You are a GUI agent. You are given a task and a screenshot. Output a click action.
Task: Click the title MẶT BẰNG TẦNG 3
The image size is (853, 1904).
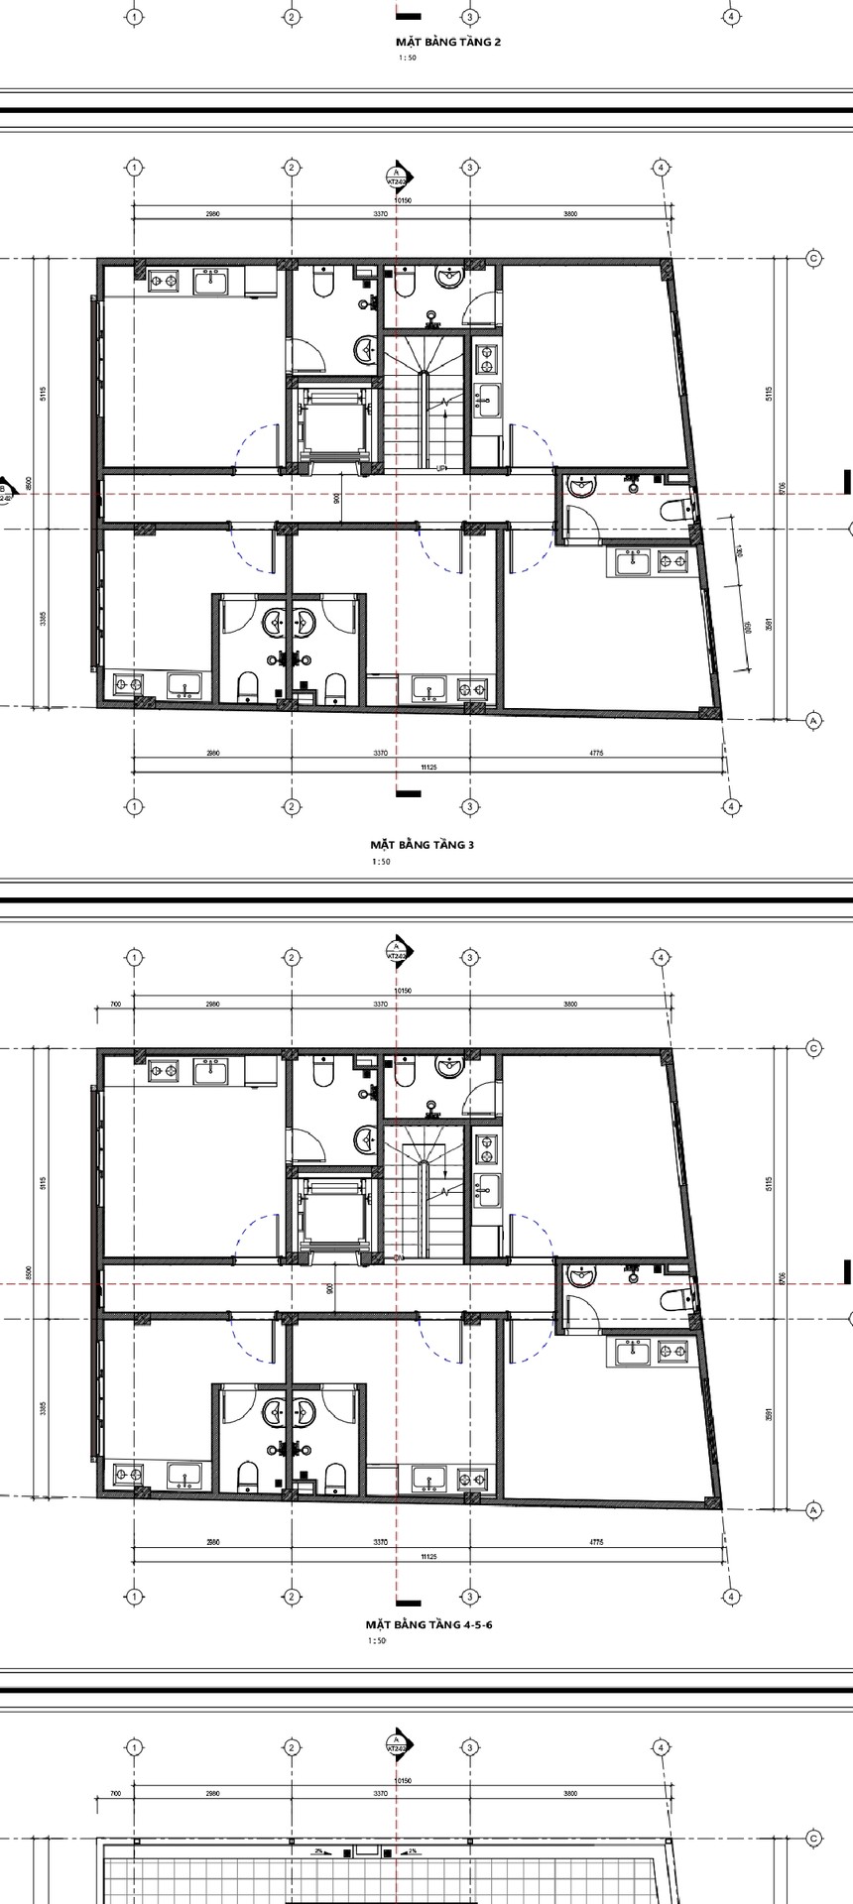coord(423,845)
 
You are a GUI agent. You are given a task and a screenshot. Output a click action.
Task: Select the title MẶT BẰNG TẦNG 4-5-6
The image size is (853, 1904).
coord(423,1625)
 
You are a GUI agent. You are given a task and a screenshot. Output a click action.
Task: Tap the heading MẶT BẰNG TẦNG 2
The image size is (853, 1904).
coord(448,43)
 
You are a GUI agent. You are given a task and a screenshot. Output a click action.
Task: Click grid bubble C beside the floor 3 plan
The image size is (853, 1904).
coord(813,259)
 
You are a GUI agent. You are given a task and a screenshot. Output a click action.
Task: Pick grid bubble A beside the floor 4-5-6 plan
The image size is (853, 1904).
coord(813,1510)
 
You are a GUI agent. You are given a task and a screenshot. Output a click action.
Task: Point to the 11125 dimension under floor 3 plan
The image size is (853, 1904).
coord(428,767)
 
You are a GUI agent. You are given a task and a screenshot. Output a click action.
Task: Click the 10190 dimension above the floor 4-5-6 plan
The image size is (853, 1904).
coord(402,991)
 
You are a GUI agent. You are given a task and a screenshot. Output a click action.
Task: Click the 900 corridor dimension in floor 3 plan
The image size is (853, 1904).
coord(337,499)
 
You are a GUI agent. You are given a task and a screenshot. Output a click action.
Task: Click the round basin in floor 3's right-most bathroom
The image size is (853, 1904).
coord(582,486)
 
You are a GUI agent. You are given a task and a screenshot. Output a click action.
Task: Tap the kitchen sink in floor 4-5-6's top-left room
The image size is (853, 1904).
coord(209,1071)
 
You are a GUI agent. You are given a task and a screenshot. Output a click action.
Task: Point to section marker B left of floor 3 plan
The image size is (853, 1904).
coord(5,493)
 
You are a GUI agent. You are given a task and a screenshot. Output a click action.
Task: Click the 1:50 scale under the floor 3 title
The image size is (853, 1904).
coord(381,862)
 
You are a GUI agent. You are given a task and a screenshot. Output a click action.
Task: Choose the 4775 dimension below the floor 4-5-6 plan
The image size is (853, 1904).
coord(596,1542)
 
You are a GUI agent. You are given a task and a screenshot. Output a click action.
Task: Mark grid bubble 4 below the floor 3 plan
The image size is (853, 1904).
coord(731,806)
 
